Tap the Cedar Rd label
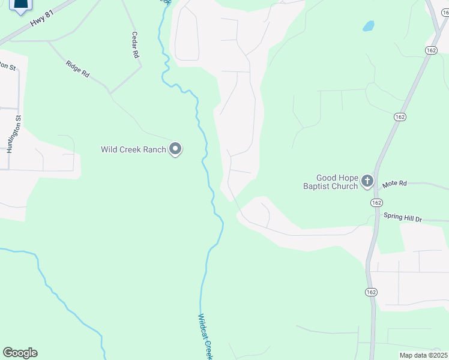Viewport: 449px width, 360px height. pos(136,45)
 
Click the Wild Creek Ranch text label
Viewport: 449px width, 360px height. pos(133,149)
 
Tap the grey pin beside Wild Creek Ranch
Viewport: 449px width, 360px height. pos(175,148)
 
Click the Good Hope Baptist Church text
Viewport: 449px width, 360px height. pos(338,182)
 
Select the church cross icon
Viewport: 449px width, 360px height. pos(367,181)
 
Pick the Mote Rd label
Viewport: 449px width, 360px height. pos(394,183)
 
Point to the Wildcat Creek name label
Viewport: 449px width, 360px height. pos(206,336)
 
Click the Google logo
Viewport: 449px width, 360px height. pos(20,353)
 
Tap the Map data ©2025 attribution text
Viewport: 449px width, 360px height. pos(423,355)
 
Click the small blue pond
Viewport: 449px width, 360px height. pos(368,26)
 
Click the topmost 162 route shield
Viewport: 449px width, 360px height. pos(431,50)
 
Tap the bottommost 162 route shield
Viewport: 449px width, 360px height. pos(370,292)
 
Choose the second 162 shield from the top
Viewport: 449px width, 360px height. pos(400,116)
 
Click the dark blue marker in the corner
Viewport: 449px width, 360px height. pos(21,6)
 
